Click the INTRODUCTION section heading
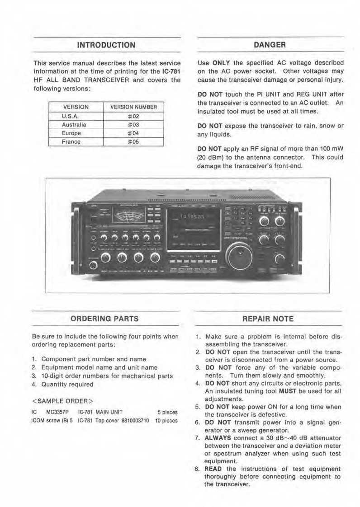[106, 45]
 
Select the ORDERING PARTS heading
[104, 319]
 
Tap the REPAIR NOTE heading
[268, 319]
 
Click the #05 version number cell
[133, 142]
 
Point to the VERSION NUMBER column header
[133, 107]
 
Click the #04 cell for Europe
[133, 133]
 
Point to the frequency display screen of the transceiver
[193, 226]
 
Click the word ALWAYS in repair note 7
[219, 438]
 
